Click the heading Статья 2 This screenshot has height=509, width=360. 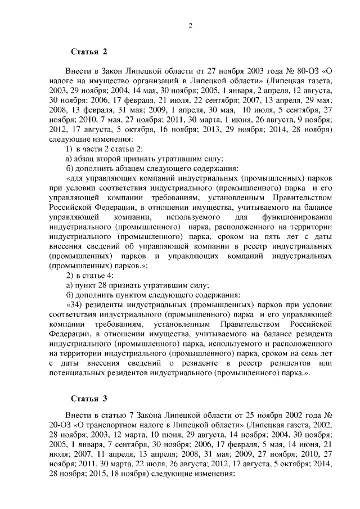[x=89, y=52]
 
